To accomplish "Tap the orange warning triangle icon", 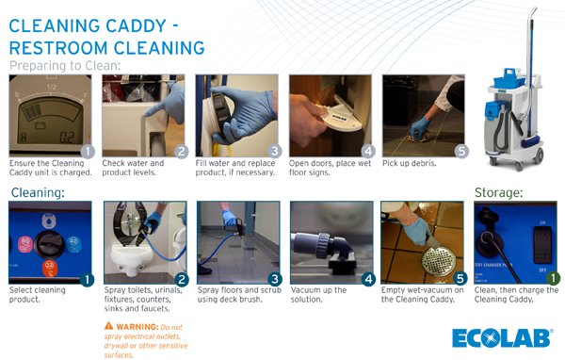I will tap(109, 327).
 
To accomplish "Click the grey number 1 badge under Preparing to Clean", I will tap(87, 151).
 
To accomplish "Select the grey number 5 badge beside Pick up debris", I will tap(460, 151).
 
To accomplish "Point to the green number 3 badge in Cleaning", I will tap(275, 279).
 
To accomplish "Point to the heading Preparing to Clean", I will tap(65, 67).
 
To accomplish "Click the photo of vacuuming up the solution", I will tap(331, 242).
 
